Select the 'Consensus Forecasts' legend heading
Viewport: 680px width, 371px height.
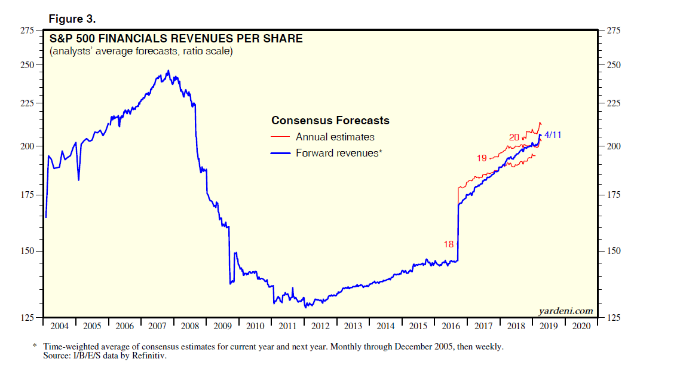tap(330, 121)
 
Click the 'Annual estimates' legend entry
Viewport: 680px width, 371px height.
tap(335, 137)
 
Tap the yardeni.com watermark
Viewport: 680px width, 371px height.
tap(566, 311)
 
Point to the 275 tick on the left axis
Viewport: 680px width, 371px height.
tap(26, 30)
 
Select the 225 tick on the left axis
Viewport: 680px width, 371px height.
tap(26, 103)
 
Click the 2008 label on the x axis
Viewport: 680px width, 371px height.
tap(189, 326)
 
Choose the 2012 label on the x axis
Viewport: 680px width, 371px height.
tap(320, 326)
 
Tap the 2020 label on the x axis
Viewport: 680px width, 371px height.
tap(581, 326)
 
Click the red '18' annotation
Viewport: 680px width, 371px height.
tap(449, 244)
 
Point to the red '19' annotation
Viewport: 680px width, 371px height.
tap(482, 158)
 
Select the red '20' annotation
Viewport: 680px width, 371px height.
tap(514, 137)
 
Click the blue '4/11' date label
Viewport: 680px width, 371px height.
tap(553, 135)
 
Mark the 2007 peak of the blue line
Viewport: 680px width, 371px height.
tap(168, 70)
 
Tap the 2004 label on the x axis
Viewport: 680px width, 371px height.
tap(59, 326)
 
